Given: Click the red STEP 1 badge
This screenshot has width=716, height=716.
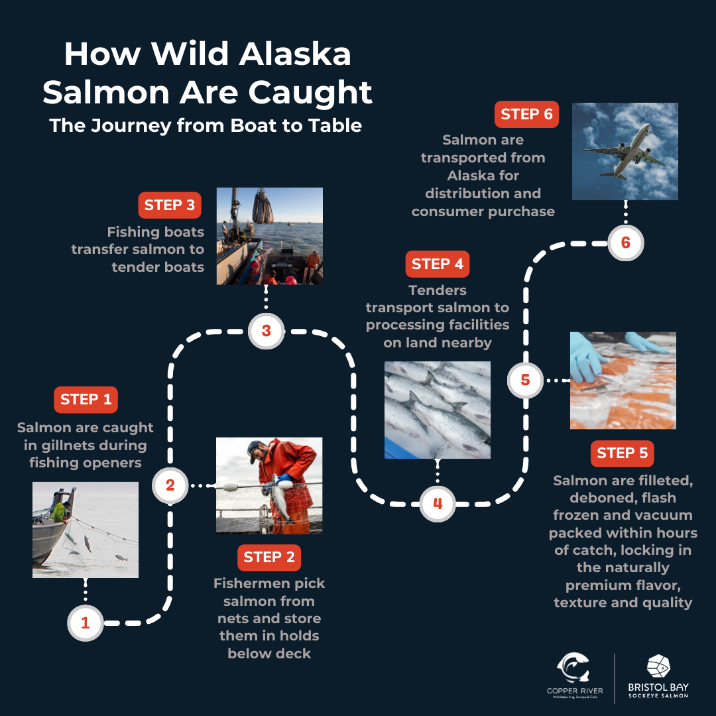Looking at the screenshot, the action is click(x=86, y=400).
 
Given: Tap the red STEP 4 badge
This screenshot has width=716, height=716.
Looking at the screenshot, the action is click(x=438, y=264).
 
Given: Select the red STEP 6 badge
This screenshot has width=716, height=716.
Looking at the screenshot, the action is click(x=526, y=114).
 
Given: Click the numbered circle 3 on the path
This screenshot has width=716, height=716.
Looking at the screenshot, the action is click(x=267, y=331).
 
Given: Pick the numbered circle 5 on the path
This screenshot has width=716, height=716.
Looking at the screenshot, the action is click(x=525, y=380).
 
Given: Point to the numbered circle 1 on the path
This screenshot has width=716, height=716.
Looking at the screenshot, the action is click(x=86, y=623).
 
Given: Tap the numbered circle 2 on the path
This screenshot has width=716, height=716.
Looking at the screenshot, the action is click(x=170, y=485).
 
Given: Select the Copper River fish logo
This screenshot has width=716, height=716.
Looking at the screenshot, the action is click(x=573, y=668).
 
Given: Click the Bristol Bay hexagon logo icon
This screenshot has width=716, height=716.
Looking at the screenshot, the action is click(x=658, y=666).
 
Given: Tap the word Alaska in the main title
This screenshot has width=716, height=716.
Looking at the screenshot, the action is click(x=295, y=54).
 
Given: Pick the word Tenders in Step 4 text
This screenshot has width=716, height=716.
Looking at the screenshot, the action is click(x=438, y=290).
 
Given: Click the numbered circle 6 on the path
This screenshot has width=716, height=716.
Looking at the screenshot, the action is click(x=626, y=243).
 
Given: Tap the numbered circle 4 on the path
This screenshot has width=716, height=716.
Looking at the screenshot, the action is click(x=438, y=504).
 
